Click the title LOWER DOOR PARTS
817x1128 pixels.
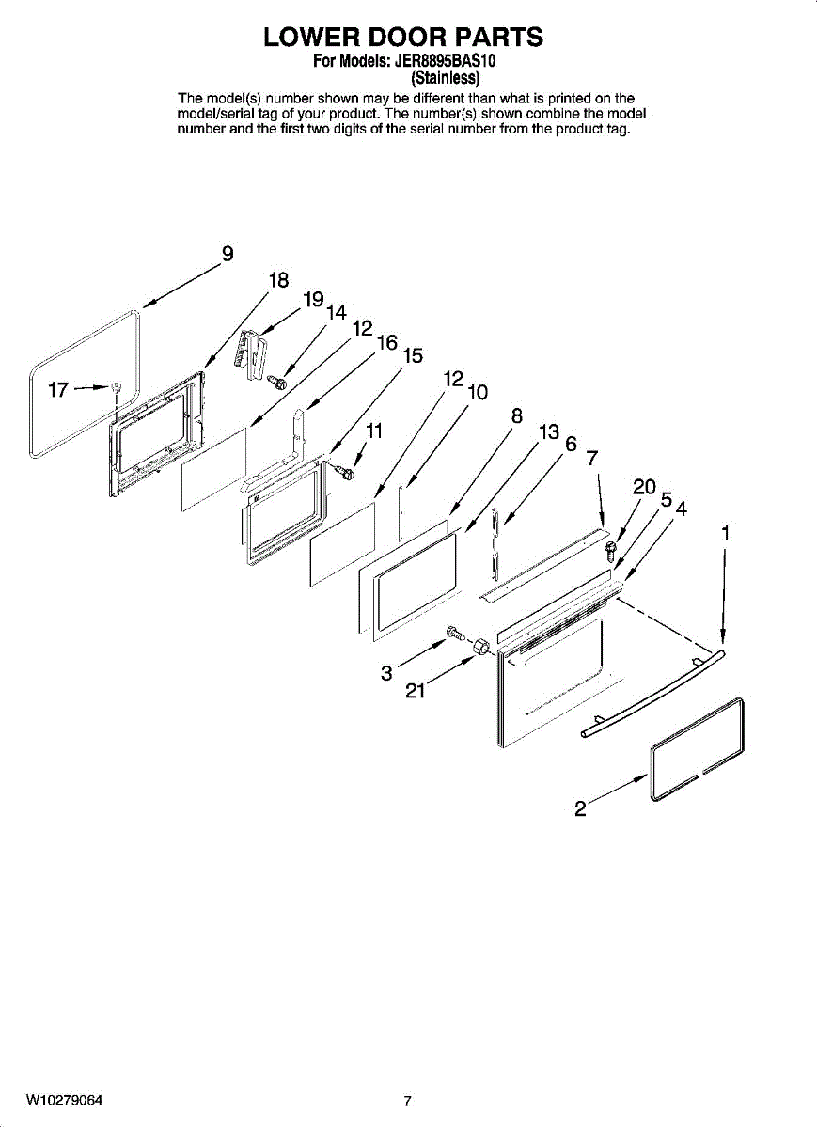403,38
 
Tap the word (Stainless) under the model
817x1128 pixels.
447,77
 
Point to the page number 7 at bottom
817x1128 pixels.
407,1102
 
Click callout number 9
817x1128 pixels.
228,254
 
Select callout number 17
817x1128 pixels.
58,389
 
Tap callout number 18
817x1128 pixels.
278,280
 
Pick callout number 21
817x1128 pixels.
416,692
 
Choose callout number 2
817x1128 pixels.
581,807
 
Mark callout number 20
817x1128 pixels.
644,487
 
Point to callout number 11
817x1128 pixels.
374,431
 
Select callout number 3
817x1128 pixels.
386,673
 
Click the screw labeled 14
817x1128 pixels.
277,381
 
